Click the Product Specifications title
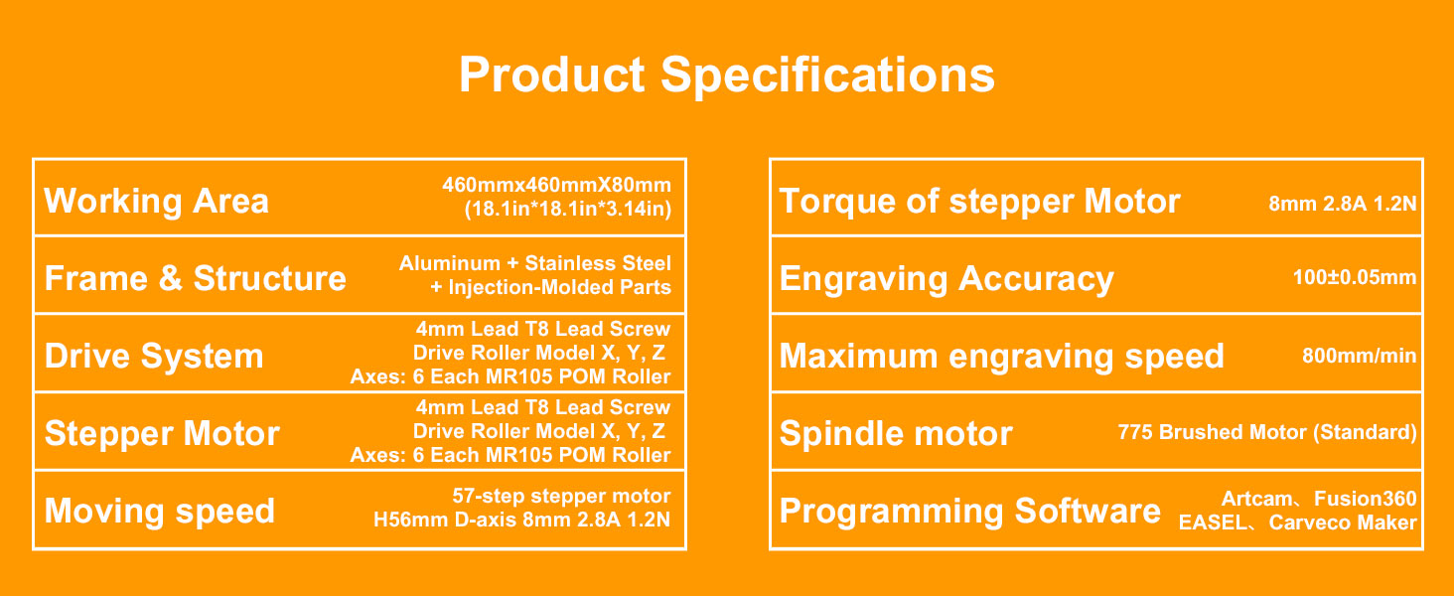tap(726, 75)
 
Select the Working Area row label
tap(156, 202)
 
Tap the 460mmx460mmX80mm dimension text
tap(556, 186)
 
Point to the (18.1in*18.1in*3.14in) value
tap(567, 210)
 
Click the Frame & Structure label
tap(196, 279)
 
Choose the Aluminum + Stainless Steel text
tap(534, 264)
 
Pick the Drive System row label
tap(154, 357)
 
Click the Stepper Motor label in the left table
tap(162, 434)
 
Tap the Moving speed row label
tap(159, 512)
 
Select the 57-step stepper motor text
tap(561, 497)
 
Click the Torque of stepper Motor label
tap(979, 202)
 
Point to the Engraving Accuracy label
tap(946, 279)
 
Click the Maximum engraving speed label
tap(1001, 357)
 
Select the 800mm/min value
tap(1359, 357)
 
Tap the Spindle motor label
tap(896, 434)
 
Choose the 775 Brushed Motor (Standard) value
tap(1266, 433)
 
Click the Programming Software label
tap(969, 512)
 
